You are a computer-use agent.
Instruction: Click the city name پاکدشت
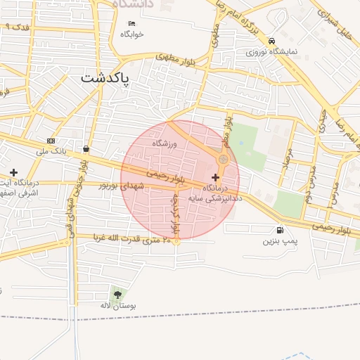[105, 77]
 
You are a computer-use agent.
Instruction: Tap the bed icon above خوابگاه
[131, 24]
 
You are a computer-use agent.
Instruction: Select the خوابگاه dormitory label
[131, 34]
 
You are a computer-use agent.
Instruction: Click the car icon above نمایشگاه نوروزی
[271, 41]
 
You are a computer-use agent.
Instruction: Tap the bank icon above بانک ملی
[51, 141]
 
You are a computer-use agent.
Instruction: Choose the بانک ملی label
[51, 151]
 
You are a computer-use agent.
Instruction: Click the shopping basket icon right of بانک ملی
[86, 148]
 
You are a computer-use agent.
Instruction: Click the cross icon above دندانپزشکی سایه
[215, 177]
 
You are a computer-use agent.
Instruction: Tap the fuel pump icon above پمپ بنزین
[281, 230]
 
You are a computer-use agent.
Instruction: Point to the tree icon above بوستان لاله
[117, 295]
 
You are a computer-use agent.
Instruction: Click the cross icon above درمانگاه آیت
[13, 172]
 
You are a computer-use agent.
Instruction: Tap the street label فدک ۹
[16, 26]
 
